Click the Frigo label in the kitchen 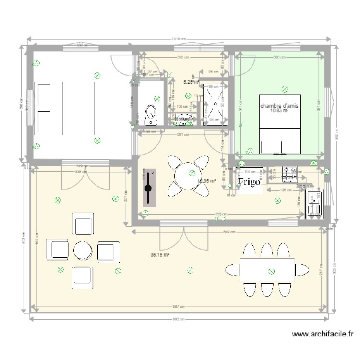pyautogui.click(x=249, y=182)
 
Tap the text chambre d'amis pyautogui.click(x=279, y=105)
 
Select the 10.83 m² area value pyautogui.click(x=279, y=111)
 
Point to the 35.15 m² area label pyautogui.click(x=160, y=255)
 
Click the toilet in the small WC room pyautogui.click(x=151, y=113)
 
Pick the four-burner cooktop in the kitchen pyautogui.click(x=290, y=174)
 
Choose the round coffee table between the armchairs pyautogui.click(x=82, y=251)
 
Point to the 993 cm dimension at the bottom pyautogui.click(x=178, y=319)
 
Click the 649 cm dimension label pyautogui.click(x=229, y=232)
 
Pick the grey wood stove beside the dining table pyautogui.click(x=150, y=188)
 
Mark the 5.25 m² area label pyautogui.click(x=191, y=82)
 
